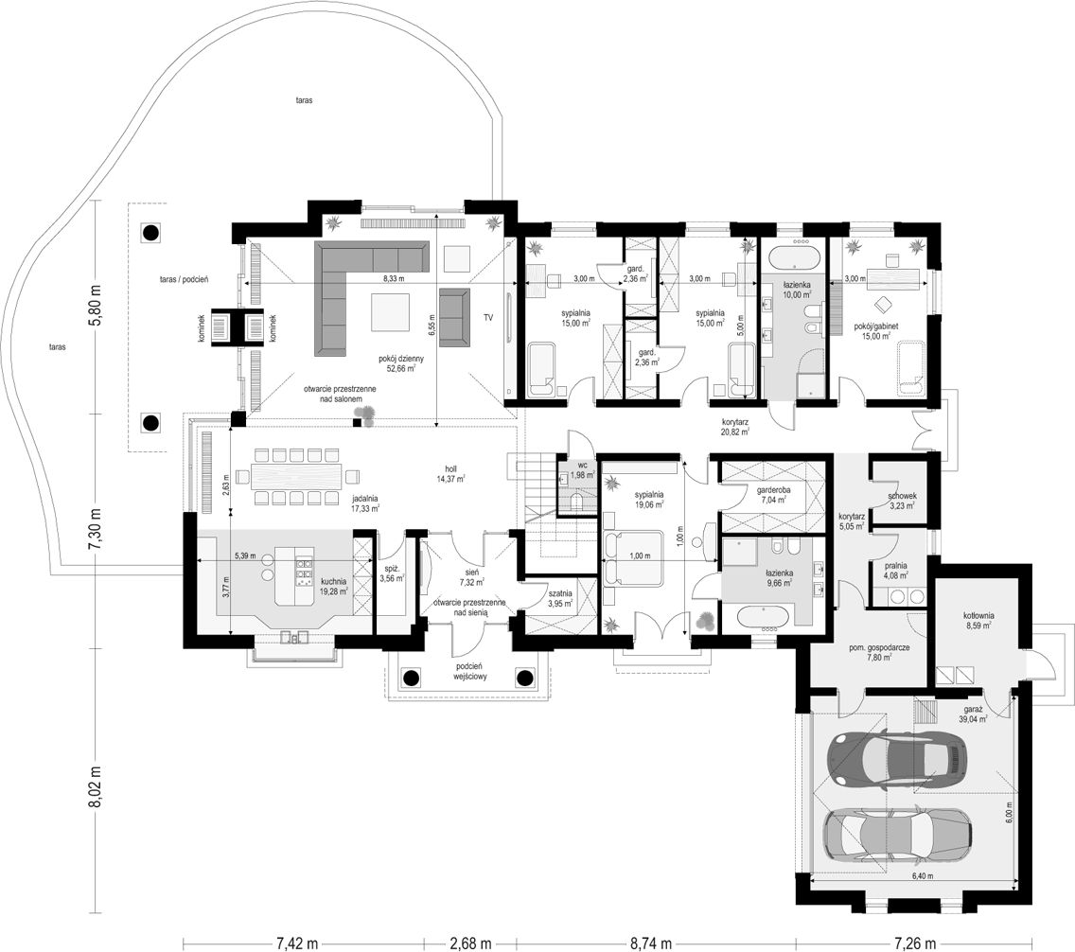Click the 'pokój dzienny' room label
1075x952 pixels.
point(401,359)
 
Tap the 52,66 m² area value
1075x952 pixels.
point(401,369)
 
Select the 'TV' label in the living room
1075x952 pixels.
point(488,317)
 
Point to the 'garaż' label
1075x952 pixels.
point(973,710)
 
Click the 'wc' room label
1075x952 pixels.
point(583,464)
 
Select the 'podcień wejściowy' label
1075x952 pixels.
point(469,671)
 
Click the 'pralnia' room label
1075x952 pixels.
point(895,566)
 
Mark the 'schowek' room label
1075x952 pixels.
point(902,496)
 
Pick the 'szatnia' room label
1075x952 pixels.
point(560,594)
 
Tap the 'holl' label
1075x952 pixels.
point(451,469)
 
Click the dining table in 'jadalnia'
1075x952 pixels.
point(297,476)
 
